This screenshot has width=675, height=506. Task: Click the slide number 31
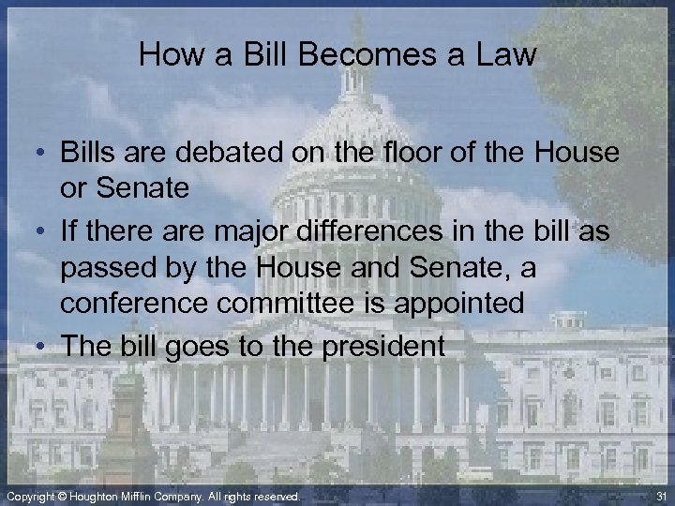(x=659, y=496)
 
